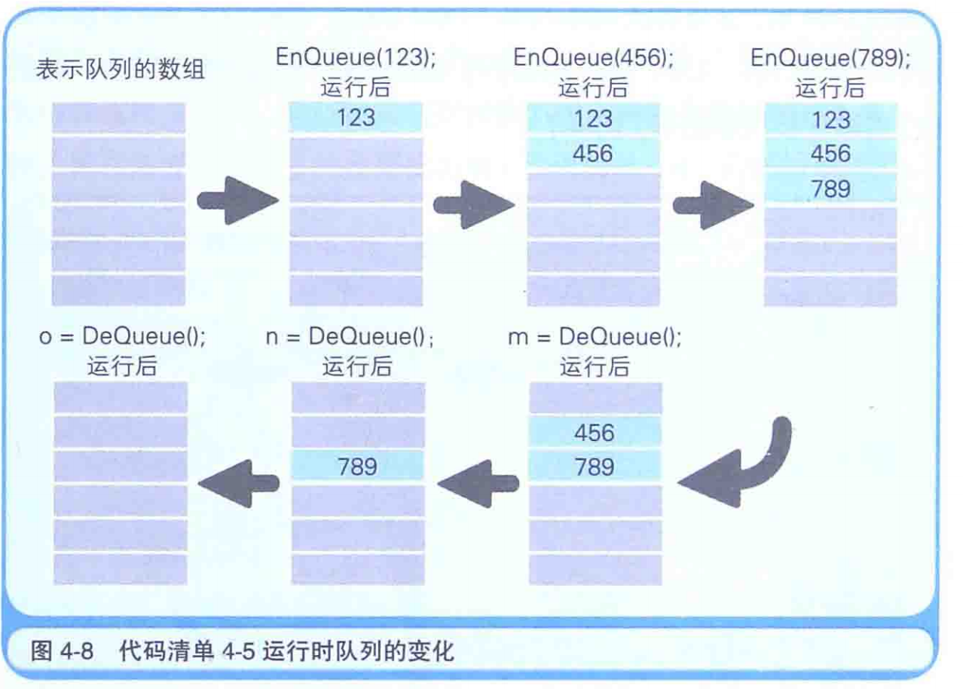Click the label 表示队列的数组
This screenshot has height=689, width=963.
click(120, 71)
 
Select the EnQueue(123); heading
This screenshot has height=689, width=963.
click(356, 59)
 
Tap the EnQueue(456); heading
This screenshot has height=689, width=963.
click(593, 59)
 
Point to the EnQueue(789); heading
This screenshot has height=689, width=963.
click(830, 59)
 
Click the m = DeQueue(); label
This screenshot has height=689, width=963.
click(595, 337)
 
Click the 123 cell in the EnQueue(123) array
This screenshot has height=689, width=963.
click(356, 118)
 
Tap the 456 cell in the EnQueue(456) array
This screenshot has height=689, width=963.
click(593, 153)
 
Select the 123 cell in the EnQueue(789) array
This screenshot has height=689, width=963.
click(830, 119)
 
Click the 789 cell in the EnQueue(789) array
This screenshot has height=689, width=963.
click(830, 188)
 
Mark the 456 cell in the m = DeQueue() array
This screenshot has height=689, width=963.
click(595, 433)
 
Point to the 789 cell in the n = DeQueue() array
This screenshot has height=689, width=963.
click(358, 467)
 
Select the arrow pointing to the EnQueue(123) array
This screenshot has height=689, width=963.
click(237, 201)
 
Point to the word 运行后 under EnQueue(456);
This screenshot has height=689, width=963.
click(593, 88)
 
